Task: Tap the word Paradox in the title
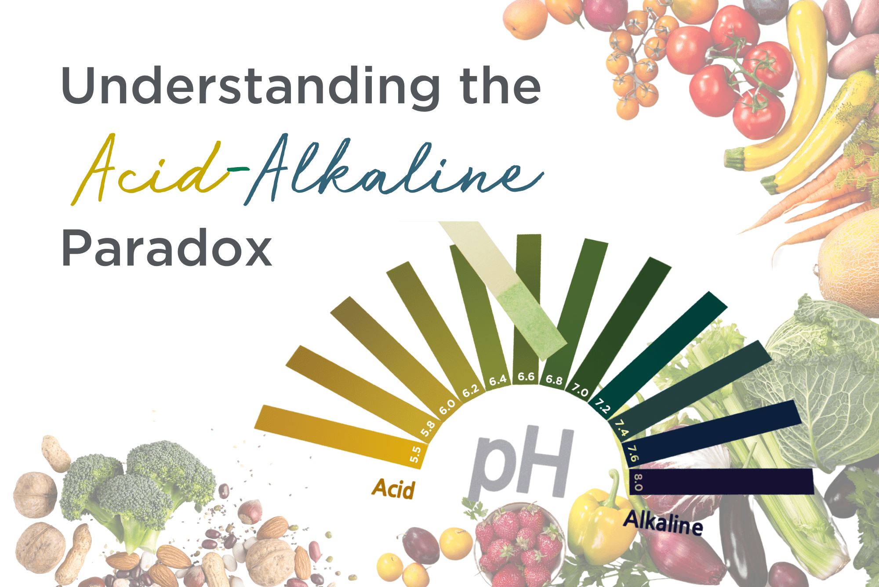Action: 167,248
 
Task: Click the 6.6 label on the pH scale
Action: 526,377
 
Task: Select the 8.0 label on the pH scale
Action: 637,482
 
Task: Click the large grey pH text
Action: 521,462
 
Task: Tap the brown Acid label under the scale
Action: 393,489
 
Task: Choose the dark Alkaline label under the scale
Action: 663,523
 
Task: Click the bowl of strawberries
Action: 519,545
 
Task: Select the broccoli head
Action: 136,488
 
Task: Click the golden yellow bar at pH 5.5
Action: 334,433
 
